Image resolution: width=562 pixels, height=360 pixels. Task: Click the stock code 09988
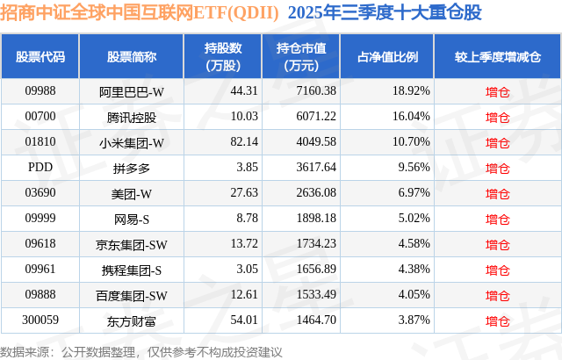(40, 90)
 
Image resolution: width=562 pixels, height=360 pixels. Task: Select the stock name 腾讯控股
(132, 116)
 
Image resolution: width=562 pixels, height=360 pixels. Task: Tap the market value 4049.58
(306, 141)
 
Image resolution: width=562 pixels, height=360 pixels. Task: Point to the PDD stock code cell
(40, 167)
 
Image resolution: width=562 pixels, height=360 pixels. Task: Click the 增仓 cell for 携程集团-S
(498, 269)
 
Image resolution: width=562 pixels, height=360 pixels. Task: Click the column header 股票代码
(40, 56)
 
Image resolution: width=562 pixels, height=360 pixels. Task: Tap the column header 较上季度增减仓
(498, 56)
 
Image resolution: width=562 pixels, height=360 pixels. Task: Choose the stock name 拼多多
(132, 167)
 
